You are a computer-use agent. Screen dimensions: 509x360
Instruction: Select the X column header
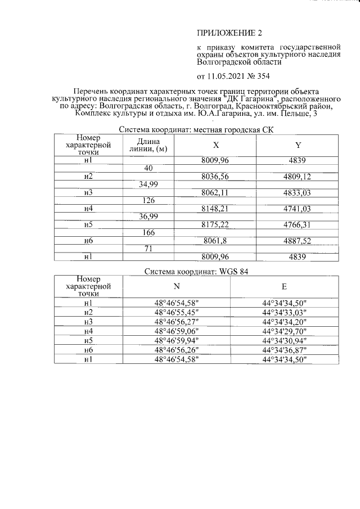click(216, 145)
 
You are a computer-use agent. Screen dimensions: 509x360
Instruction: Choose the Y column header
click(298, 145)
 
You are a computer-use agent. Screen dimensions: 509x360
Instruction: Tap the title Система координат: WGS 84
click(196, 271)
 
